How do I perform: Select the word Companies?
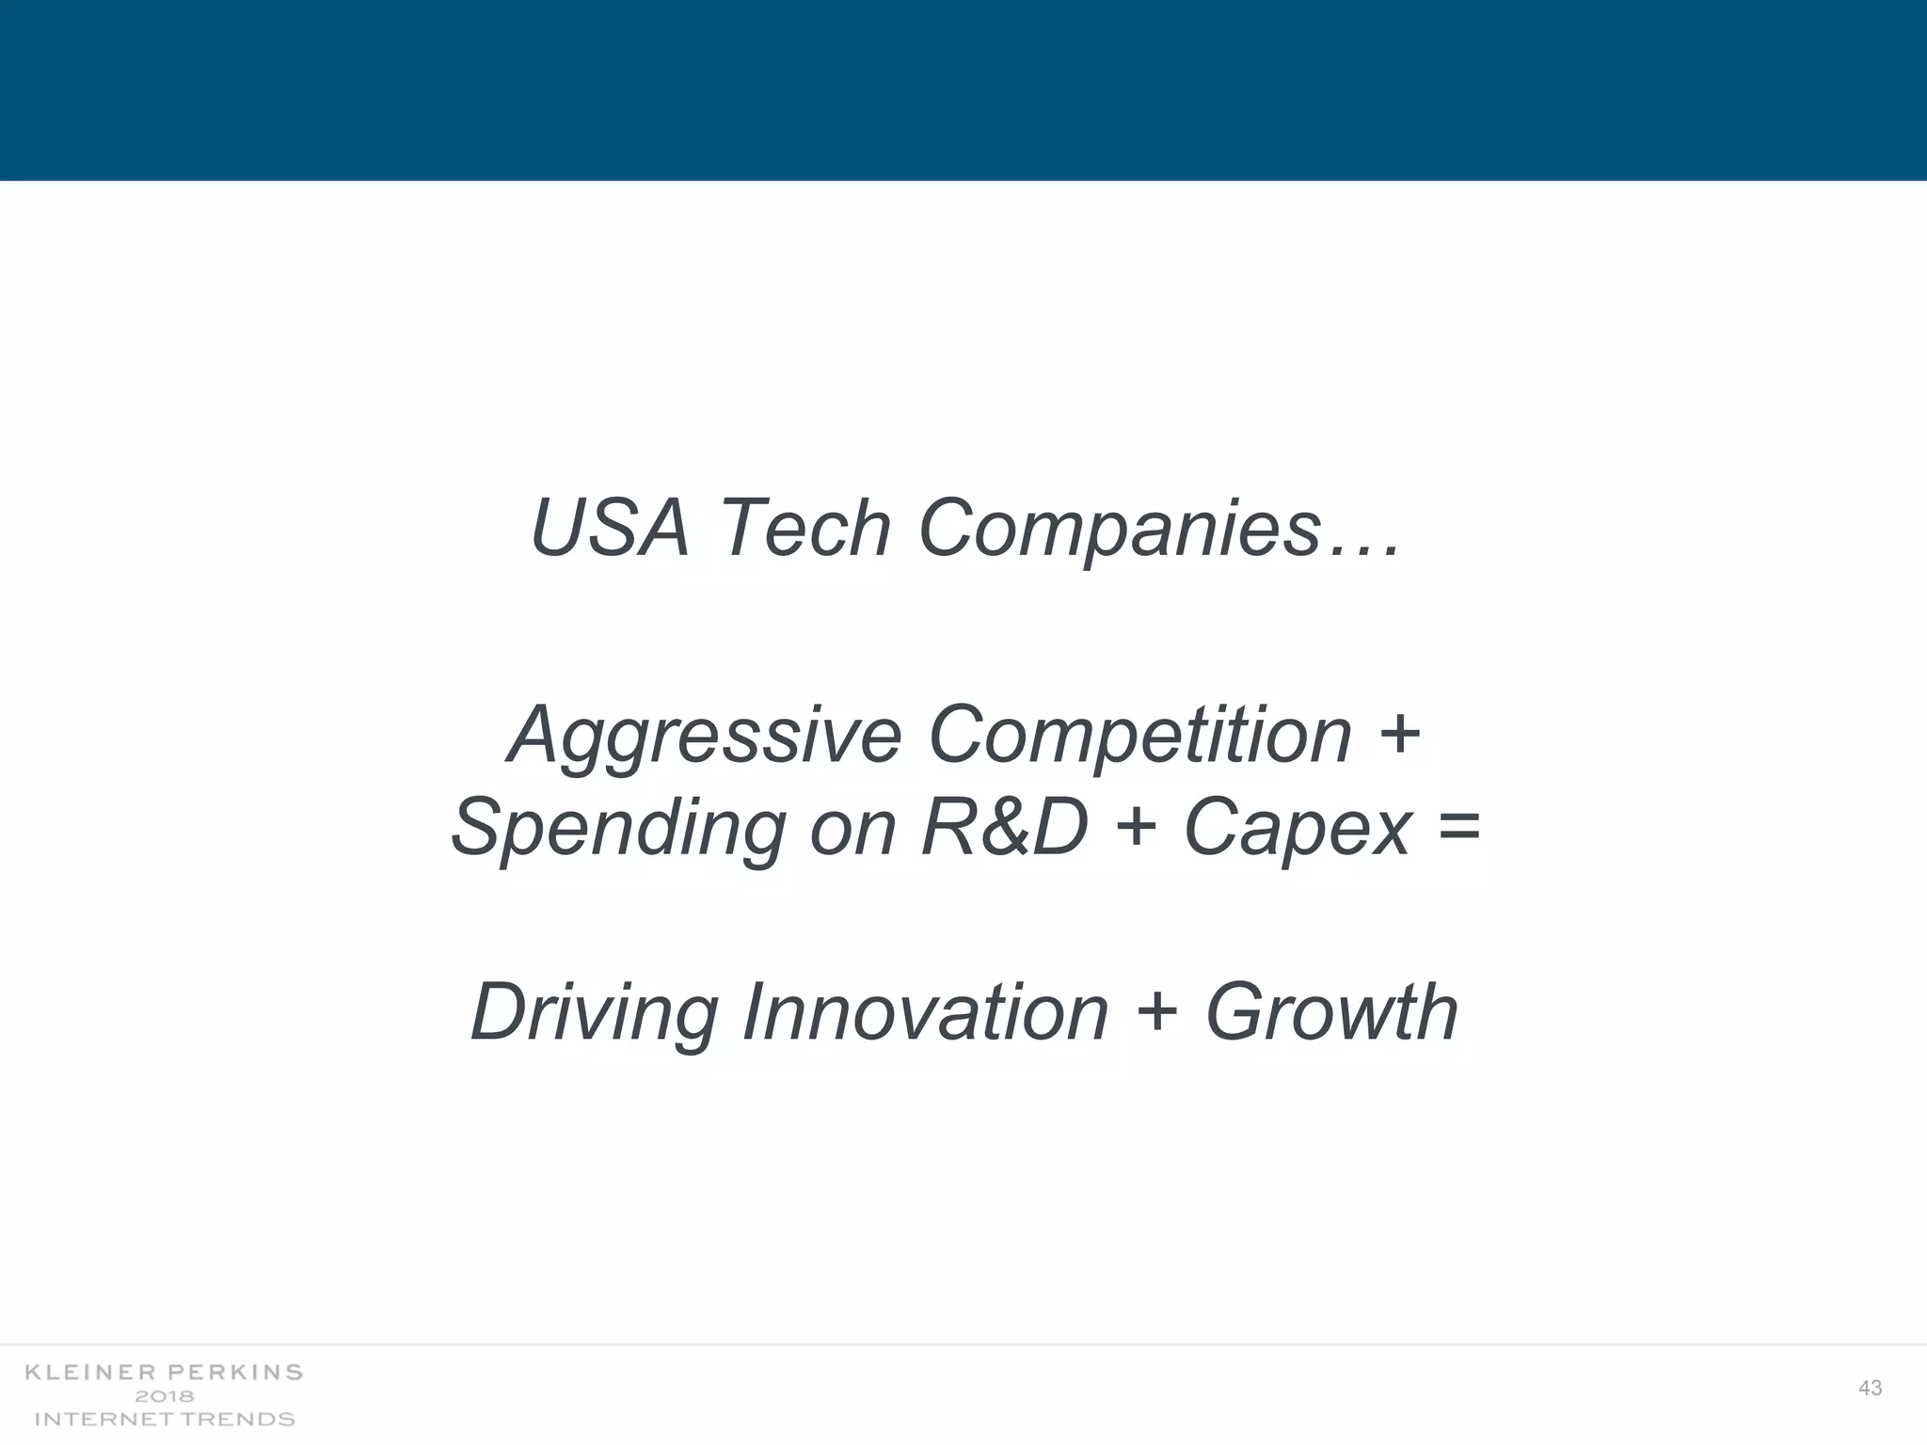[x=1120, y=530]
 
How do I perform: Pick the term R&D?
[x=1005, y=827]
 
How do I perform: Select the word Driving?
[x=592, y=1014]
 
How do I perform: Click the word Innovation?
[x=926, y=1012]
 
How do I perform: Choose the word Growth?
[x=1331, y=1012]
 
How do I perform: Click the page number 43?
[x=1871, y=1389]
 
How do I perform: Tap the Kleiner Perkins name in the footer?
[x=164, y=1373]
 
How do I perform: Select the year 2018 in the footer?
[x=165, y=1396]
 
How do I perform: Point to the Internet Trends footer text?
[x=165, y=1419]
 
